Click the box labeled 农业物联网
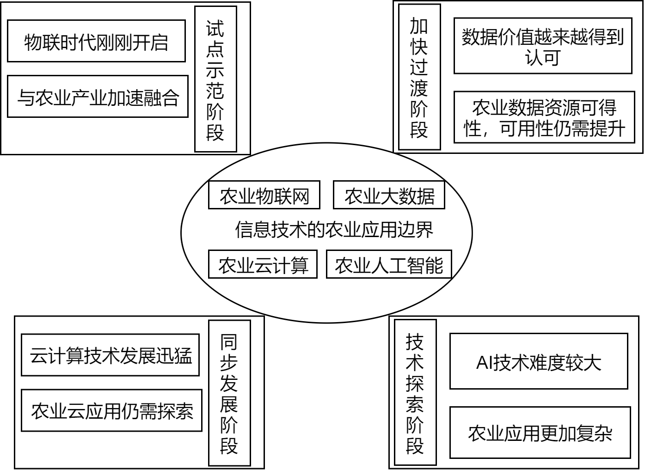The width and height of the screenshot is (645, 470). (264, 195)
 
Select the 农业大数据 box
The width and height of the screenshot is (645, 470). (389, 195)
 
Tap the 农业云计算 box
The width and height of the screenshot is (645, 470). (263, 264)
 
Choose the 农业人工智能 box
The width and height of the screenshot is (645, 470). (389, 264)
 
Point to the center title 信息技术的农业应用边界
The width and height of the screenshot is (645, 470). (334, 230)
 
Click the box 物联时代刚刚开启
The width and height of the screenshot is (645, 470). (97, 41)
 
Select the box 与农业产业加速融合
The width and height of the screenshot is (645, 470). (98, 97)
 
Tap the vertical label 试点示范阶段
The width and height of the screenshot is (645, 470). (215, 79)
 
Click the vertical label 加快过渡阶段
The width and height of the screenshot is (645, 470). (419, 77)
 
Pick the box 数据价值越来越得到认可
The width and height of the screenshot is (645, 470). (543, 46)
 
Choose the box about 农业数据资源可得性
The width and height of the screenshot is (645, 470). (545, 117)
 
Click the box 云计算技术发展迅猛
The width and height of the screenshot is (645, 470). (111, 355)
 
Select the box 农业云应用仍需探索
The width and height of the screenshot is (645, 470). (112, 410)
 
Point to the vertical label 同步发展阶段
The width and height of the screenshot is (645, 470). (229, 393)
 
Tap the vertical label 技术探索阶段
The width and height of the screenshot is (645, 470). (416, 392)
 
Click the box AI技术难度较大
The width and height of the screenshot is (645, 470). (539, 361)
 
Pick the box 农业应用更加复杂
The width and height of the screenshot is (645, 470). (541, 433)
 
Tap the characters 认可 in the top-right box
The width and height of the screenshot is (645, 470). (542, 58)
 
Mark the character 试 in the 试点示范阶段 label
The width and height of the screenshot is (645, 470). (215, 29)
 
